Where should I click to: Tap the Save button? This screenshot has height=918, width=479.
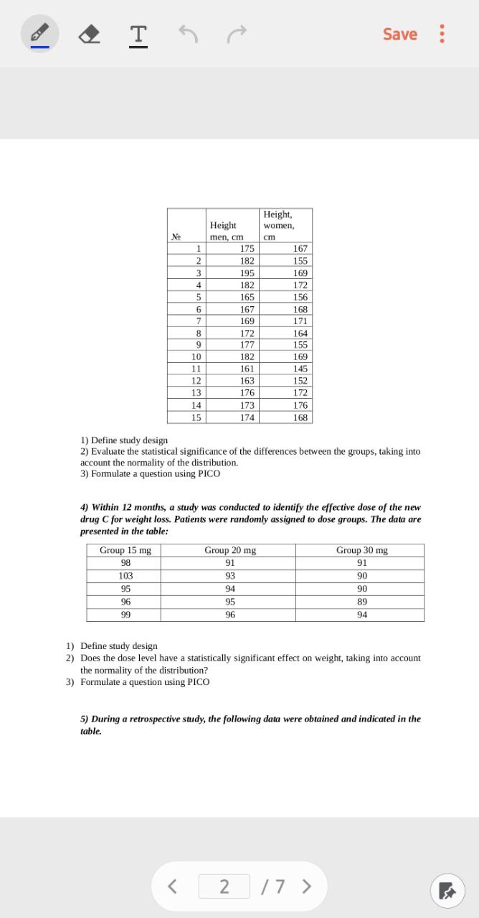tap(399, 34)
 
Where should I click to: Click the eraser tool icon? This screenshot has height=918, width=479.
tap(89, 34)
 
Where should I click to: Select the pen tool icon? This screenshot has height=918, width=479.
tap(40, 34)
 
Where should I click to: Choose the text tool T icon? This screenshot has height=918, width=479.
tap(138, 34)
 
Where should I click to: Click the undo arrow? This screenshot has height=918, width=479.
tap(188, 33)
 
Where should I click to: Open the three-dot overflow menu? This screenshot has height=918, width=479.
tap(442, 34)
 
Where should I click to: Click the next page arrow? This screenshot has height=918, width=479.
tap(307, 886)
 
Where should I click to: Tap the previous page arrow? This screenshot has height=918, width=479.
tap(172, 886)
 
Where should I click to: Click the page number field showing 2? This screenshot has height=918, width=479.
tap(224, 886)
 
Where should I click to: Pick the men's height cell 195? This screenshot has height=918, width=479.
tap(247, 273)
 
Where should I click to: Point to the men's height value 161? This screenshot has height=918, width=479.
tap(247, 369)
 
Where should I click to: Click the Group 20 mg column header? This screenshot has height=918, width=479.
tap(230, 550)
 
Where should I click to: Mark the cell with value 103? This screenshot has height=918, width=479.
tap(125, 576)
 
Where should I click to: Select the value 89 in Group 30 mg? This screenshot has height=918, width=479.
tap(362, 602)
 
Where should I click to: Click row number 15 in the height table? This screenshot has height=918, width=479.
tap(196, 417)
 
